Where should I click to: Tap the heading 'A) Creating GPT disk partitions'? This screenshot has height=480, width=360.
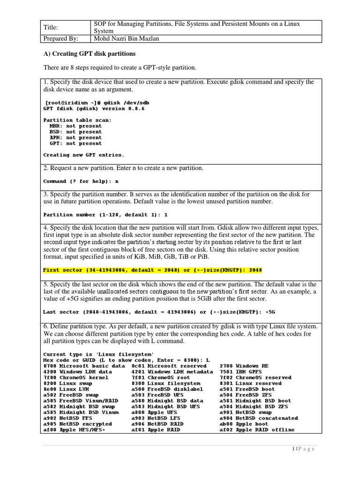click(90, 53)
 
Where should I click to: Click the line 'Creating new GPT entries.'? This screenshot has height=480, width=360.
click(83, 155)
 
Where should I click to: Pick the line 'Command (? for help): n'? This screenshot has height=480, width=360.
click(81, 181)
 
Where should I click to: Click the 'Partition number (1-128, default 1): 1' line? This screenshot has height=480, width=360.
click(105, 215)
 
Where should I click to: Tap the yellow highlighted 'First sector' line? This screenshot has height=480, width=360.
click(152, 270)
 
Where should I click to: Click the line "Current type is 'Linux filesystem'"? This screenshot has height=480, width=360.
click(98, 354)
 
